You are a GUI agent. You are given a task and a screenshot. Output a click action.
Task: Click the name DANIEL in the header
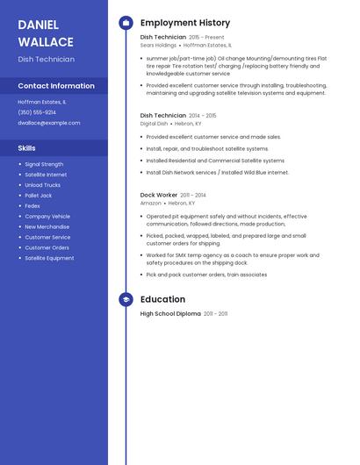pos(38,24)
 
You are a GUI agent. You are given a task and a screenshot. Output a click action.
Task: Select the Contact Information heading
pos(56,86)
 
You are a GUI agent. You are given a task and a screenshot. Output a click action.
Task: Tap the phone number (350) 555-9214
pos(37,112)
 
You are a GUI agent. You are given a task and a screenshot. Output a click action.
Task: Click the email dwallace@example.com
pos(49,123)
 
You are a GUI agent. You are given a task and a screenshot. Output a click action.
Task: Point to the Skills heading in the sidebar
pos(27,148)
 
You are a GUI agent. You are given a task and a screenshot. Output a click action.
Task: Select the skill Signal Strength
pos(44,164)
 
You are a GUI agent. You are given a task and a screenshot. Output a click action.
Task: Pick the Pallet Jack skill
pos(39,196)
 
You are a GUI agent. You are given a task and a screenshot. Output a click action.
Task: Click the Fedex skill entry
pos(32,206)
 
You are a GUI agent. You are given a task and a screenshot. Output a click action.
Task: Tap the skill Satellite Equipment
pos(49,258)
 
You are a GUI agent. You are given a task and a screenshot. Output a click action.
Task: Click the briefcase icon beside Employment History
pos(126,22)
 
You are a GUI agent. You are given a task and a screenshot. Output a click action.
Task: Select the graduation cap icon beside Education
pos(126,300)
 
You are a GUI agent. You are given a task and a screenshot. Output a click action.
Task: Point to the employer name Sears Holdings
pos(158,45)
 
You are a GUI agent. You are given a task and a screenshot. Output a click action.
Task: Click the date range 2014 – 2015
pos(203,116)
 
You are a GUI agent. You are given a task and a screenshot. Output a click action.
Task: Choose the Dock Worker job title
pos(159,195)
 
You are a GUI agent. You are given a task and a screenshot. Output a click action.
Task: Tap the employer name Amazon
pos(151,203)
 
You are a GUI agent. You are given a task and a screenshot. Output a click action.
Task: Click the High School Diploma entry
pos(170,314)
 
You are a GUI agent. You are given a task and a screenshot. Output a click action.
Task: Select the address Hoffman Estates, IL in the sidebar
pos(42,102)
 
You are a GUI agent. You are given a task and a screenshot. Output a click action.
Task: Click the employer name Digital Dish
pos(154,124)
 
